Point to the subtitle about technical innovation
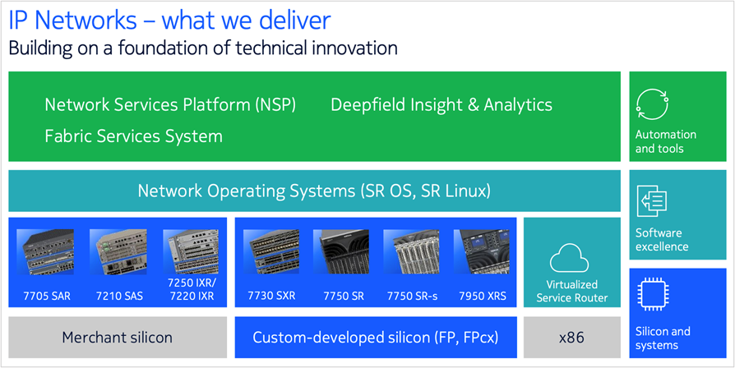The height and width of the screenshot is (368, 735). click(202, 48)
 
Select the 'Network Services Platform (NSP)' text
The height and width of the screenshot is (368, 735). click(170, 105)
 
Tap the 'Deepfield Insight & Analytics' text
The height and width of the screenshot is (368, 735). click(441, 105)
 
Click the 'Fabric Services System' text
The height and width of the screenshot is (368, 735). click(133, 136)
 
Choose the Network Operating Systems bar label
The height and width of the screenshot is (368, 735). click(314, 191)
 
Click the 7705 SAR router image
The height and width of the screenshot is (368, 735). click(45, 252)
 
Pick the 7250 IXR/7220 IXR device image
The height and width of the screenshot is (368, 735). click(191, 251)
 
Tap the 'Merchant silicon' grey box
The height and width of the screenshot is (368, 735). click(118, 338)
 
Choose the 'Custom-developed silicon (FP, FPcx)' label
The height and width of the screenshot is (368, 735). click(375, 338)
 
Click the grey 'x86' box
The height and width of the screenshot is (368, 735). click(571, 338)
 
